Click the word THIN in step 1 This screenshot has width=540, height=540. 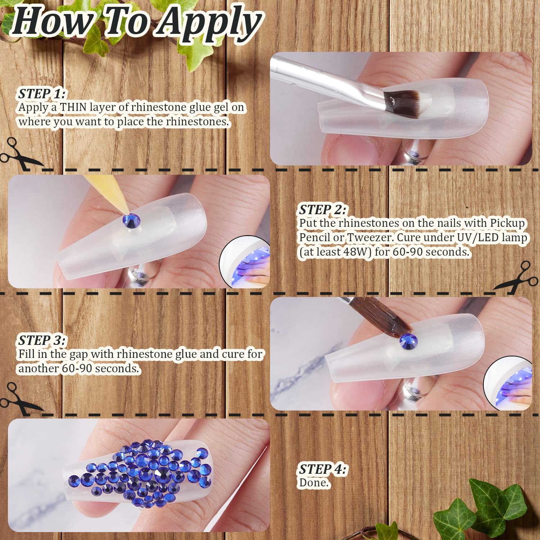point(73,107)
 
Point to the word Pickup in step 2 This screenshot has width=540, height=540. point(508,223)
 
